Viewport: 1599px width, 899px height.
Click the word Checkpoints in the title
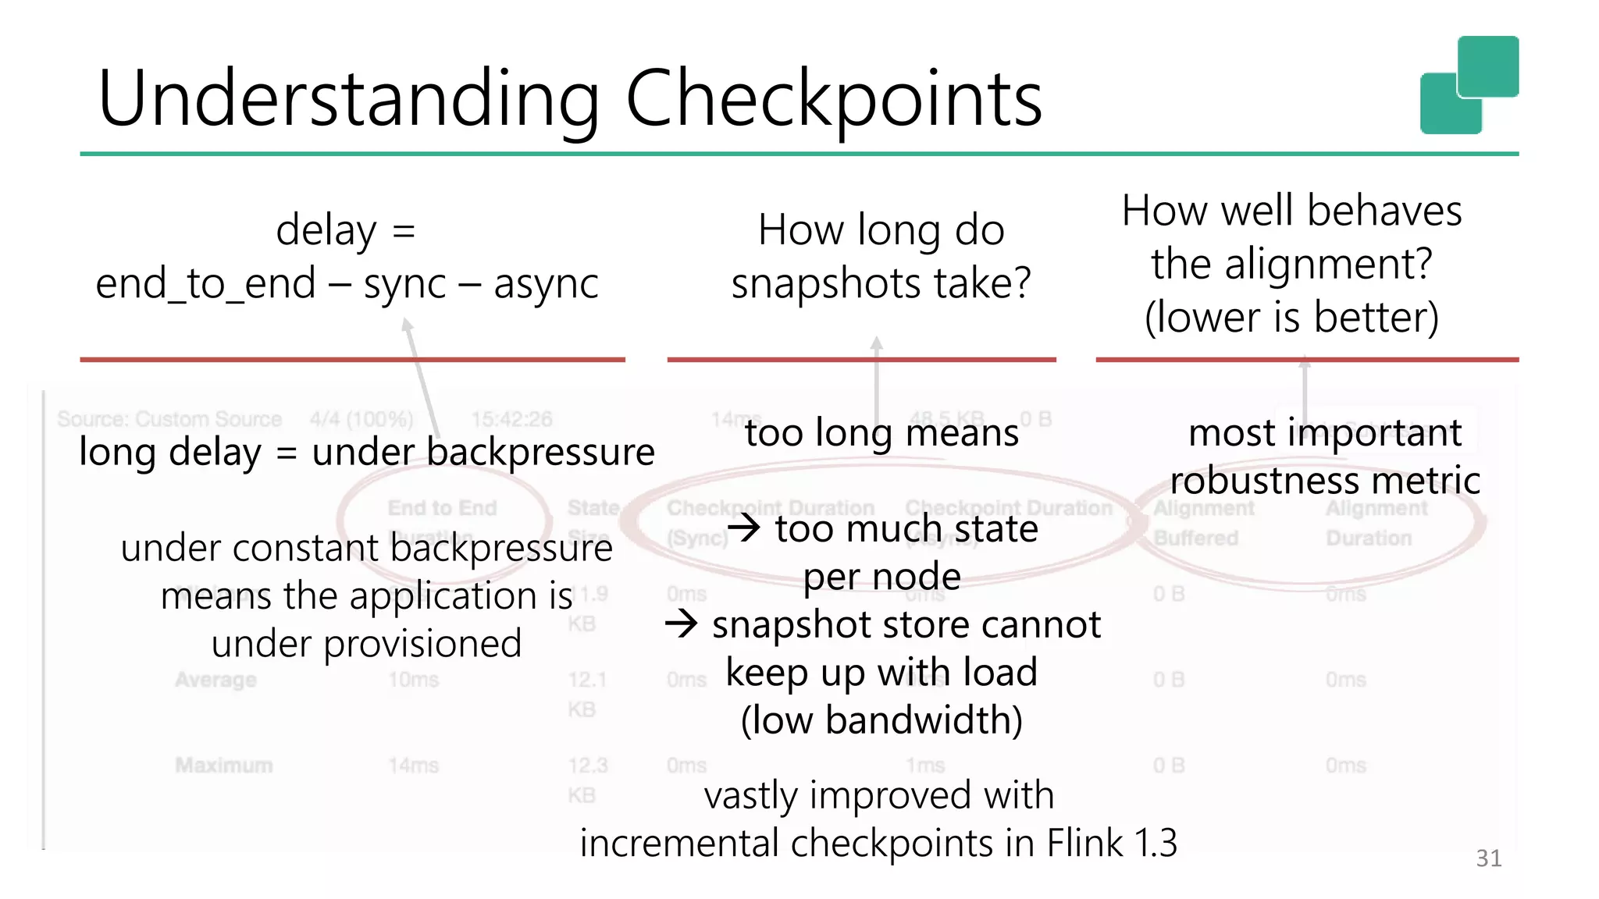click(833, 99)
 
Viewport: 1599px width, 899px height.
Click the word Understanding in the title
click(348, 99)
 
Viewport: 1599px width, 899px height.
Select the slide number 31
click(1488, 858)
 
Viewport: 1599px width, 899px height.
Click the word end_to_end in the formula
click(205, 283)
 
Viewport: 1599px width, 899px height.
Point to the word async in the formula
click(546, 283)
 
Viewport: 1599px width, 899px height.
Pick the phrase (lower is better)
click(1291, 317)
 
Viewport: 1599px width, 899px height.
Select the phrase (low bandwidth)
click(881, 720)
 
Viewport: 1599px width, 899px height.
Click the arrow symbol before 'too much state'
click(744, 528)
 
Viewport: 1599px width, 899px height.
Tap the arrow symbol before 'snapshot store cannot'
click(681, 624)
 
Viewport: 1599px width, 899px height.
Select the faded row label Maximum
click(224, 765)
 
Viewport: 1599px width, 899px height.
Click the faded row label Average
click(215, 680)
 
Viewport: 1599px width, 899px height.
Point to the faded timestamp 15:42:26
click(511, 420)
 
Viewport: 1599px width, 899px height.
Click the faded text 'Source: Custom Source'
click(169, 419)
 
